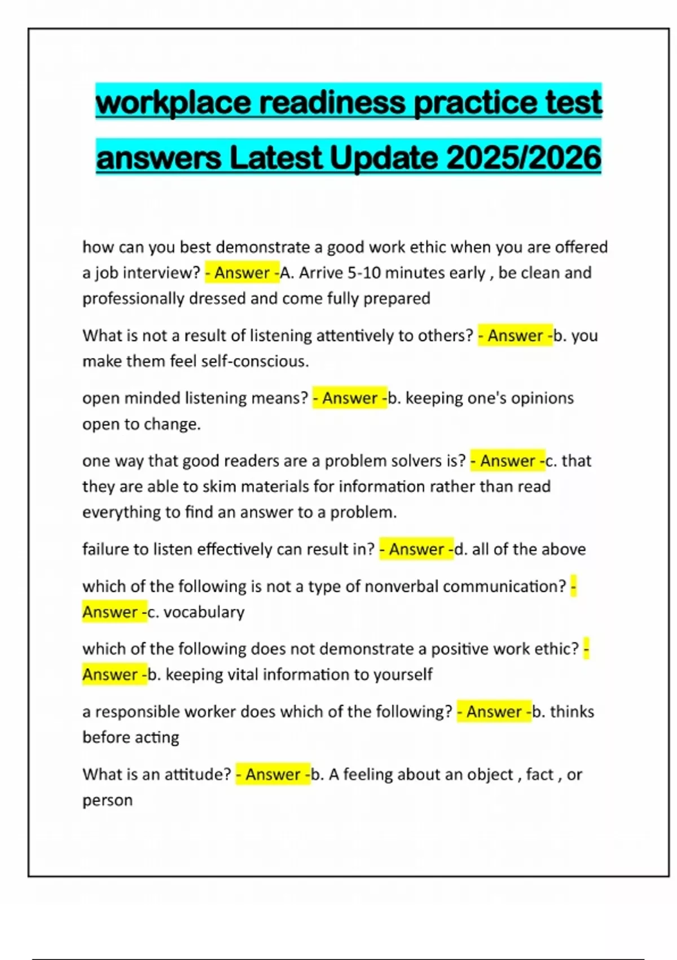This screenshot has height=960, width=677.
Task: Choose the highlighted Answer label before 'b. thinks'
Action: tap(494, 712)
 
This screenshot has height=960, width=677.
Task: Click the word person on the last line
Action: tap(107, 800)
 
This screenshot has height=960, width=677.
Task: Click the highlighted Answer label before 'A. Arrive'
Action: tap(241, 273)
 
